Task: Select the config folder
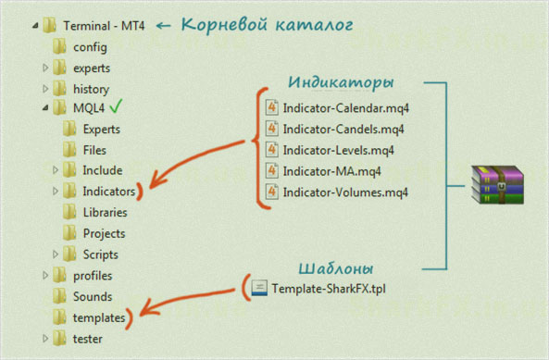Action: point(91,46)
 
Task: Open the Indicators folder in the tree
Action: point(108,192)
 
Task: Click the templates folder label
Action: point(99,317)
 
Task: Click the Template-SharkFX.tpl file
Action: point(329,288)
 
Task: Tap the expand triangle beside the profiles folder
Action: point(45,276)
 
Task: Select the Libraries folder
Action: point(104,212)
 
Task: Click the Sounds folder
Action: point(93,297)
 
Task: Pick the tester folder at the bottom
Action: point(88,339)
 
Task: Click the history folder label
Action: point(92,89)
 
